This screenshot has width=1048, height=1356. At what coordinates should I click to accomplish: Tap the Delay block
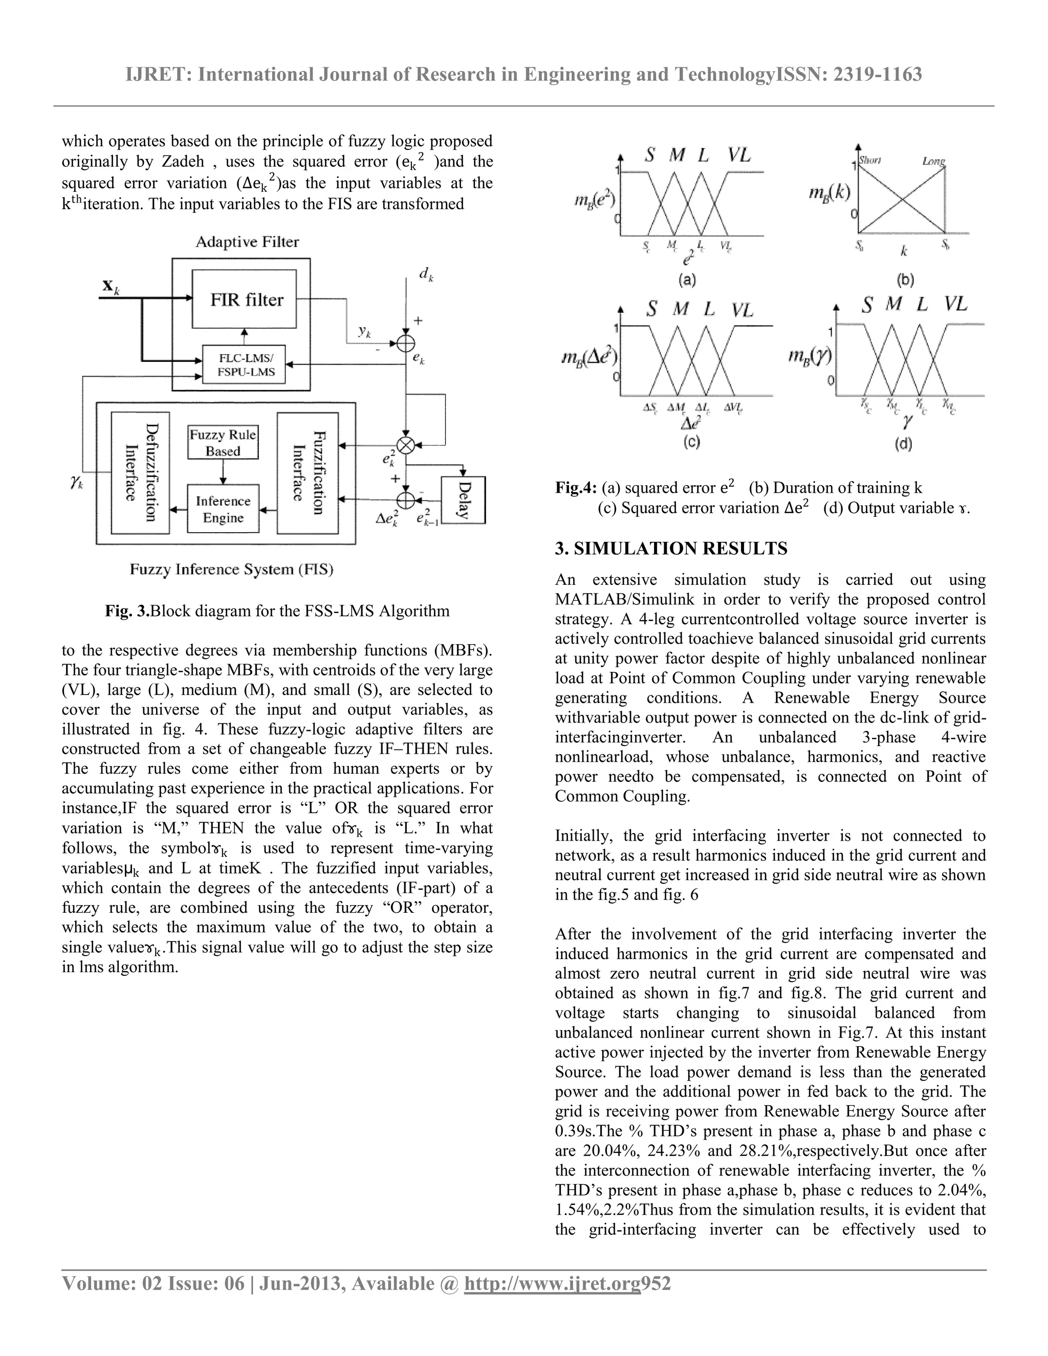point(463,500)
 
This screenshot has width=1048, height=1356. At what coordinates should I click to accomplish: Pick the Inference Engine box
point(223,509)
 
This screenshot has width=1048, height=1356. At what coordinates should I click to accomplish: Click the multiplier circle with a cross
point(405,445)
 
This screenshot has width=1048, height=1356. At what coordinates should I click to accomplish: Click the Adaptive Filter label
point(247,242)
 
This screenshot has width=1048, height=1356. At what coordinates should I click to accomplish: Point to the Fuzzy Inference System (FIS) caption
point(231,570)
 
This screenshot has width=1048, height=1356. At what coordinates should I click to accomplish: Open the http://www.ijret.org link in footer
point(552,1283)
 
